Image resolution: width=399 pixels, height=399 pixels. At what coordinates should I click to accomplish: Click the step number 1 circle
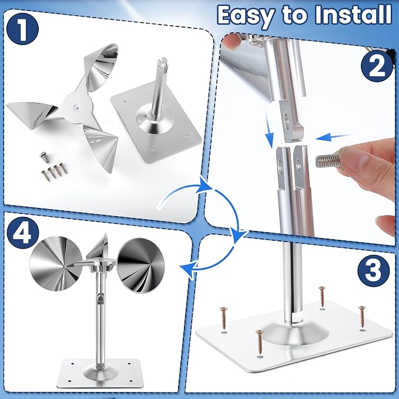[23, 29]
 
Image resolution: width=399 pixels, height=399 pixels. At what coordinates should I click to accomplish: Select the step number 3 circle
[374, 270]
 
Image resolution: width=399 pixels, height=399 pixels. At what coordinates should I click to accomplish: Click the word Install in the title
[353, 14]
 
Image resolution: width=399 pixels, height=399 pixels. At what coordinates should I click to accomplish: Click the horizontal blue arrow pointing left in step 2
[334, 137]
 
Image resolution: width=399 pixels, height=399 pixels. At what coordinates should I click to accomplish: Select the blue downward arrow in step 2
[268, 131]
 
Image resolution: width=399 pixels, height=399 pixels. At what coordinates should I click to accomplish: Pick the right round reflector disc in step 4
[141, 266]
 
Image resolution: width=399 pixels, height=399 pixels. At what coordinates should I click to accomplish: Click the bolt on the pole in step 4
[100, 298]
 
